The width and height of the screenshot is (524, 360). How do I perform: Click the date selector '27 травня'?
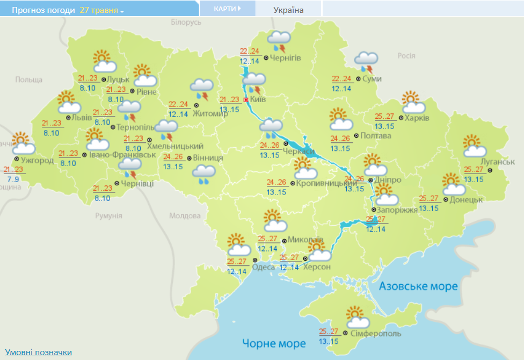tap(101, 10)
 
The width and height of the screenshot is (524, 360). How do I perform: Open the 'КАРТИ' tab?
tap(227, 9)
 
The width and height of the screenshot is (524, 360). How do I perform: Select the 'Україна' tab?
tap(288, 10)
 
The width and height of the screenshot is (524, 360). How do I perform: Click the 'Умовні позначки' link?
tap(38, 352)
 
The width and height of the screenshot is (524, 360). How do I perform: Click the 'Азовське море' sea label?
tap(418, 286)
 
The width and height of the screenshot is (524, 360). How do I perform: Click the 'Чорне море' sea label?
tap(273, 343)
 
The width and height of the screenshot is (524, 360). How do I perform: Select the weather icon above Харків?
tap(415, 103)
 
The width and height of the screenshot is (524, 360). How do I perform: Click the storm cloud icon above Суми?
tap(367, 61)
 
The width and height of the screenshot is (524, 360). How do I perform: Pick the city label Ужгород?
tap(37, 160)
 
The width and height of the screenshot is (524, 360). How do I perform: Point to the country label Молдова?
tap(184, 216)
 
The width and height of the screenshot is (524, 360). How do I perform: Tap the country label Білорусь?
tap(186, 22)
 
